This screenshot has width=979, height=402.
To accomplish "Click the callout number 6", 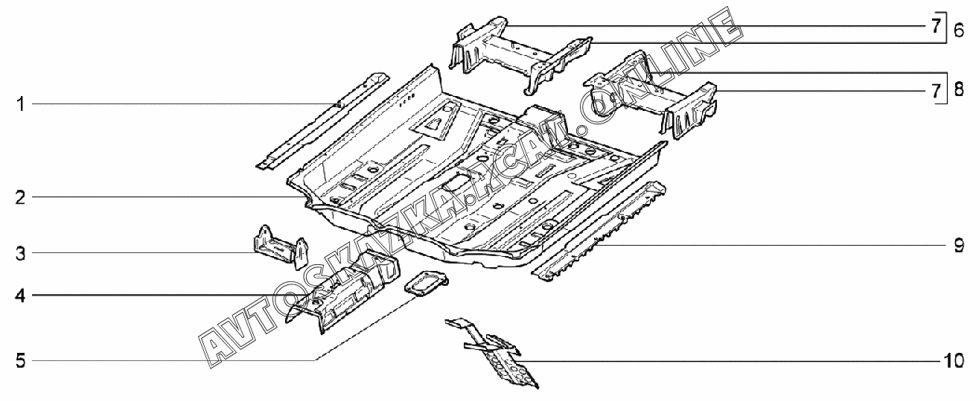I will pos(958,31).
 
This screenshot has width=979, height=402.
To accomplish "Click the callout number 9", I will pos(959,245).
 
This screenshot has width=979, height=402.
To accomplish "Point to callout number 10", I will pos(954,361).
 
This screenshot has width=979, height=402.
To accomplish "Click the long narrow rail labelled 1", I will pos(320,119).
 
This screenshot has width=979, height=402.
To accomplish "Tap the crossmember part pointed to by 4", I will pos(346,290).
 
